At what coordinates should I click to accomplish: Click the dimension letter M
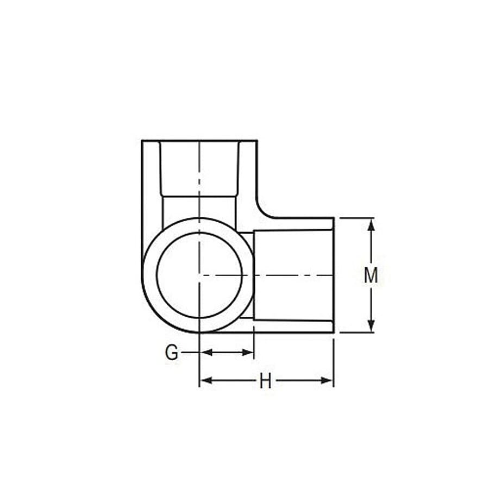coord(371,275)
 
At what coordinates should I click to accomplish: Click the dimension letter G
coord(172,353)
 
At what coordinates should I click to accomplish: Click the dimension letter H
coord(265,381)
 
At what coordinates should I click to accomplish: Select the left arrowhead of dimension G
coord(206,353)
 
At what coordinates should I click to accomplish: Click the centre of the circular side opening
coord(199,275)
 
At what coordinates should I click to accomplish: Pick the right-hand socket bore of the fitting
coord(293,275)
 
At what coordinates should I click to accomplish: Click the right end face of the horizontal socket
coord(334,275)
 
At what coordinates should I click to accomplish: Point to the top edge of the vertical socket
coord(199,141)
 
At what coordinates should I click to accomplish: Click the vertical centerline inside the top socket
coord(199,174)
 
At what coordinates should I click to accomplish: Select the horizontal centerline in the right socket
coord(293,275)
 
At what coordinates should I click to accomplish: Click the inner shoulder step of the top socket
coord(199,196)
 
